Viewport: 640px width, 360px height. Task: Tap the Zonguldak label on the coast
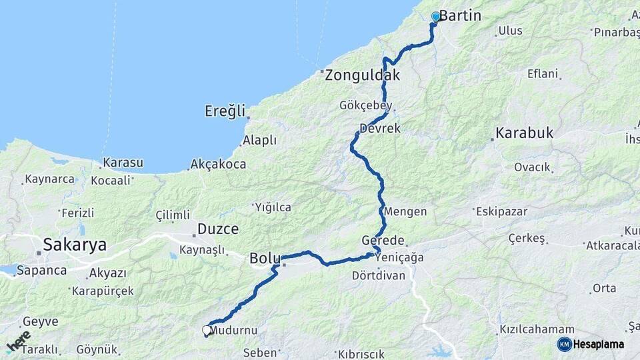point(363,75)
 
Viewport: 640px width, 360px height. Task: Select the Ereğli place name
point(225,111)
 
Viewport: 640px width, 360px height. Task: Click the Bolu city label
point(264,258)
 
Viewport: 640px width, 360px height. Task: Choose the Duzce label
point(218,229)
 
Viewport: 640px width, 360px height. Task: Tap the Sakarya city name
point(75,245)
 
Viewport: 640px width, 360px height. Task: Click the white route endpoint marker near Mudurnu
point(206,329)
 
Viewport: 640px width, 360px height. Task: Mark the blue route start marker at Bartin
point(436,17)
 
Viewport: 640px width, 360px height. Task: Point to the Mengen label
point(406,211)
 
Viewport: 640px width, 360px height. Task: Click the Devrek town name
point(380,128)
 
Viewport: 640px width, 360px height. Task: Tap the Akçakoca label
point(218,163)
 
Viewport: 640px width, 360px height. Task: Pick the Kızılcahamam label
point(537,330)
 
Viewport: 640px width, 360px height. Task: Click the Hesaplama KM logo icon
point(565,344)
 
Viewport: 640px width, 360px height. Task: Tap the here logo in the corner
point(19,341)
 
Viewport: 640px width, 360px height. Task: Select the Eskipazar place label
point(502,211)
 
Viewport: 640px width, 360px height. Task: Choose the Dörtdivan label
point(379,275)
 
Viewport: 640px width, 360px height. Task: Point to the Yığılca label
point(273,207)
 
